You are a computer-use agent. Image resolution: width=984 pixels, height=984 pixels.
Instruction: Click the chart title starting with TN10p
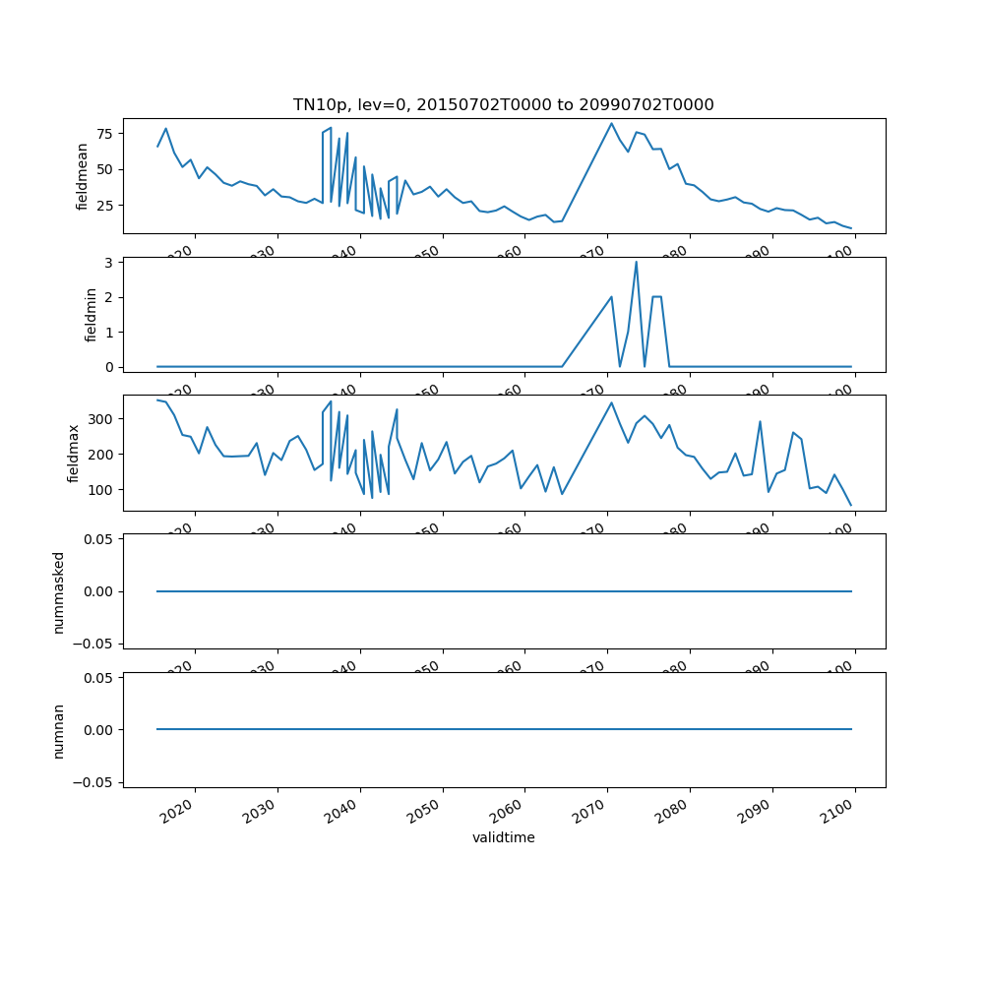pos(503,104)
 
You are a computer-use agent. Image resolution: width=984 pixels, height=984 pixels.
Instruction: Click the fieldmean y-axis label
pos(83,176)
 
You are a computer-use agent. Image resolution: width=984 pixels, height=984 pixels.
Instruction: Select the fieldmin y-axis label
pos(91,315)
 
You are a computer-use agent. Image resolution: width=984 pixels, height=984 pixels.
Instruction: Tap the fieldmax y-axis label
pos(73,453)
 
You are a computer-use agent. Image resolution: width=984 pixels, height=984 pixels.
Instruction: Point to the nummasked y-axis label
pos(58,591)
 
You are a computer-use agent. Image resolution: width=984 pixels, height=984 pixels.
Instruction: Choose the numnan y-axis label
pos(58,729)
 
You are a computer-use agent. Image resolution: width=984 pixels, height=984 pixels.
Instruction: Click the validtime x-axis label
pos(503,838)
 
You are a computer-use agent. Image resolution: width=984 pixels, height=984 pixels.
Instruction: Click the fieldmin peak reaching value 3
pos(636,262)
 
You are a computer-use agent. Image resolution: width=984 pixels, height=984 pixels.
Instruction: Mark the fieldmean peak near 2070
pos(611,124)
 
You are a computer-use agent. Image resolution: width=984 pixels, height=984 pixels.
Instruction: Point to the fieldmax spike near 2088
pos(760,422)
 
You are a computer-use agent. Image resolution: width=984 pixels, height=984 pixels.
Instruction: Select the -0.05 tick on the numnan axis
pos(95,781)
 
